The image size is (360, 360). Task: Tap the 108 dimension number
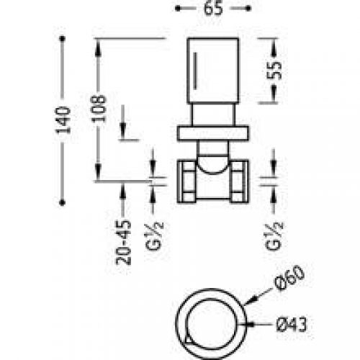101,107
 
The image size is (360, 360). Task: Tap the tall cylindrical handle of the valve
212,72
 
